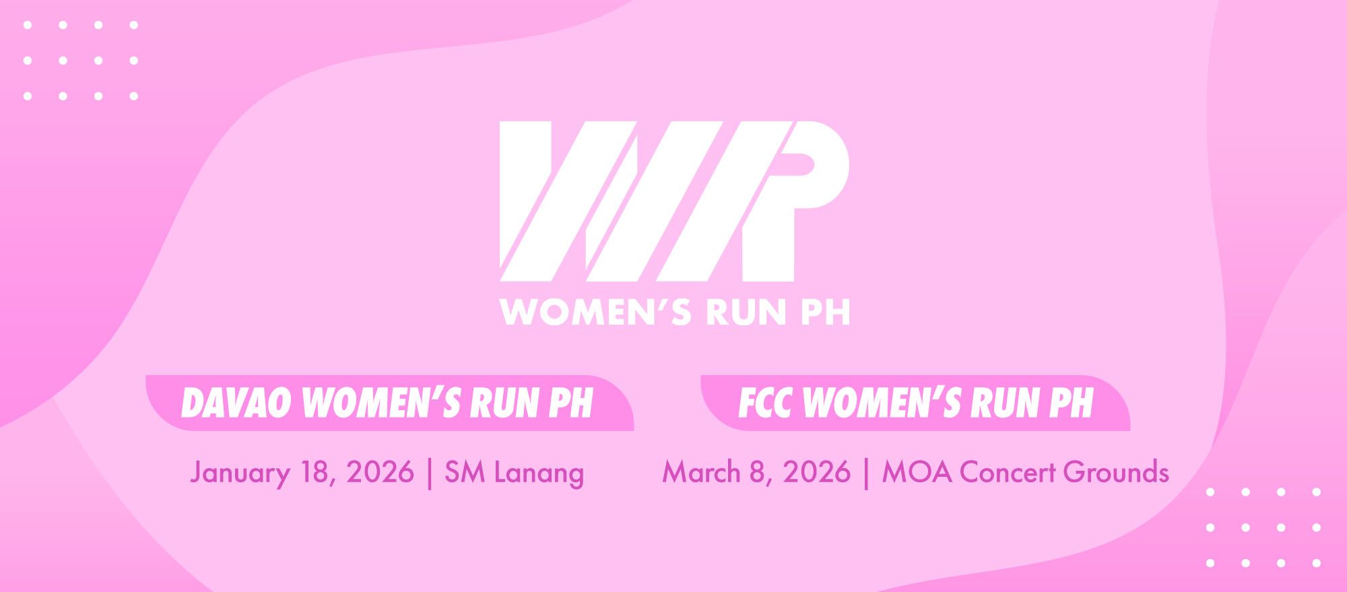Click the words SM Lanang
click(x=514, y=473)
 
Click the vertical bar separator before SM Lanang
click(x=429, y=473)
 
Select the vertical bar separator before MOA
click(x=866, y=473)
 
